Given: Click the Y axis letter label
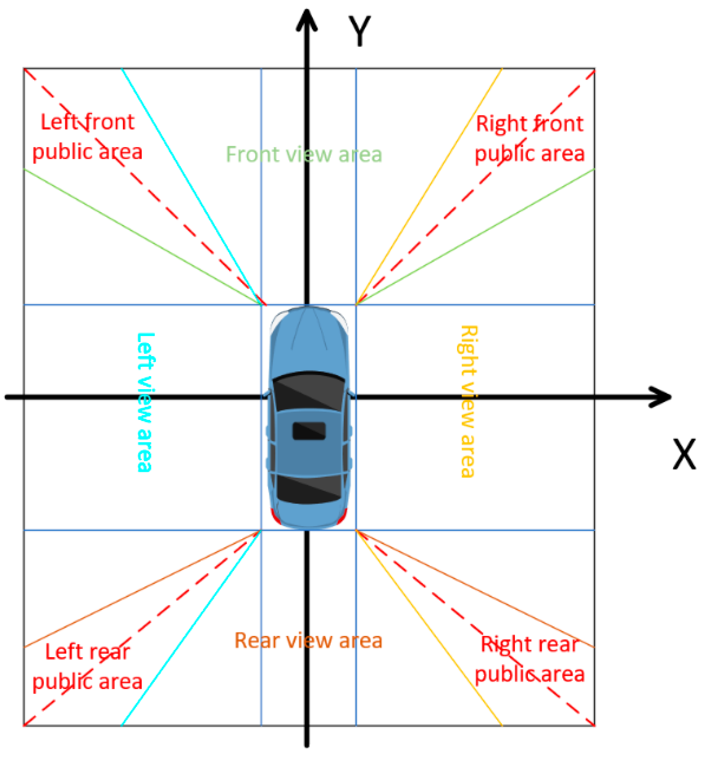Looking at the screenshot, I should point(359,31).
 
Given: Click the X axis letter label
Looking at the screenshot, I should point(684,454).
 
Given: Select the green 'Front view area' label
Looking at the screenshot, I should point(304,154).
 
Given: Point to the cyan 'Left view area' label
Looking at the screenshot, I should point(145,402).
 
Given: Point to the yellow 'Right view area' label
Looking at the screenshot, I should point(468,402).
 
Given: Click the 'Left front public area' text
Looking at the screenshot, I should point(87,137).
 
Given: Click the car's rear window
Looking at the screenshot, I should point(308,490).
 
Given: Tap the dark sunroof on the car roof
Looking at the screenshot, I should point(309,431).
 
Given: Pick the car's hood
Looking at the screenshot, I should point(308,339).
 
